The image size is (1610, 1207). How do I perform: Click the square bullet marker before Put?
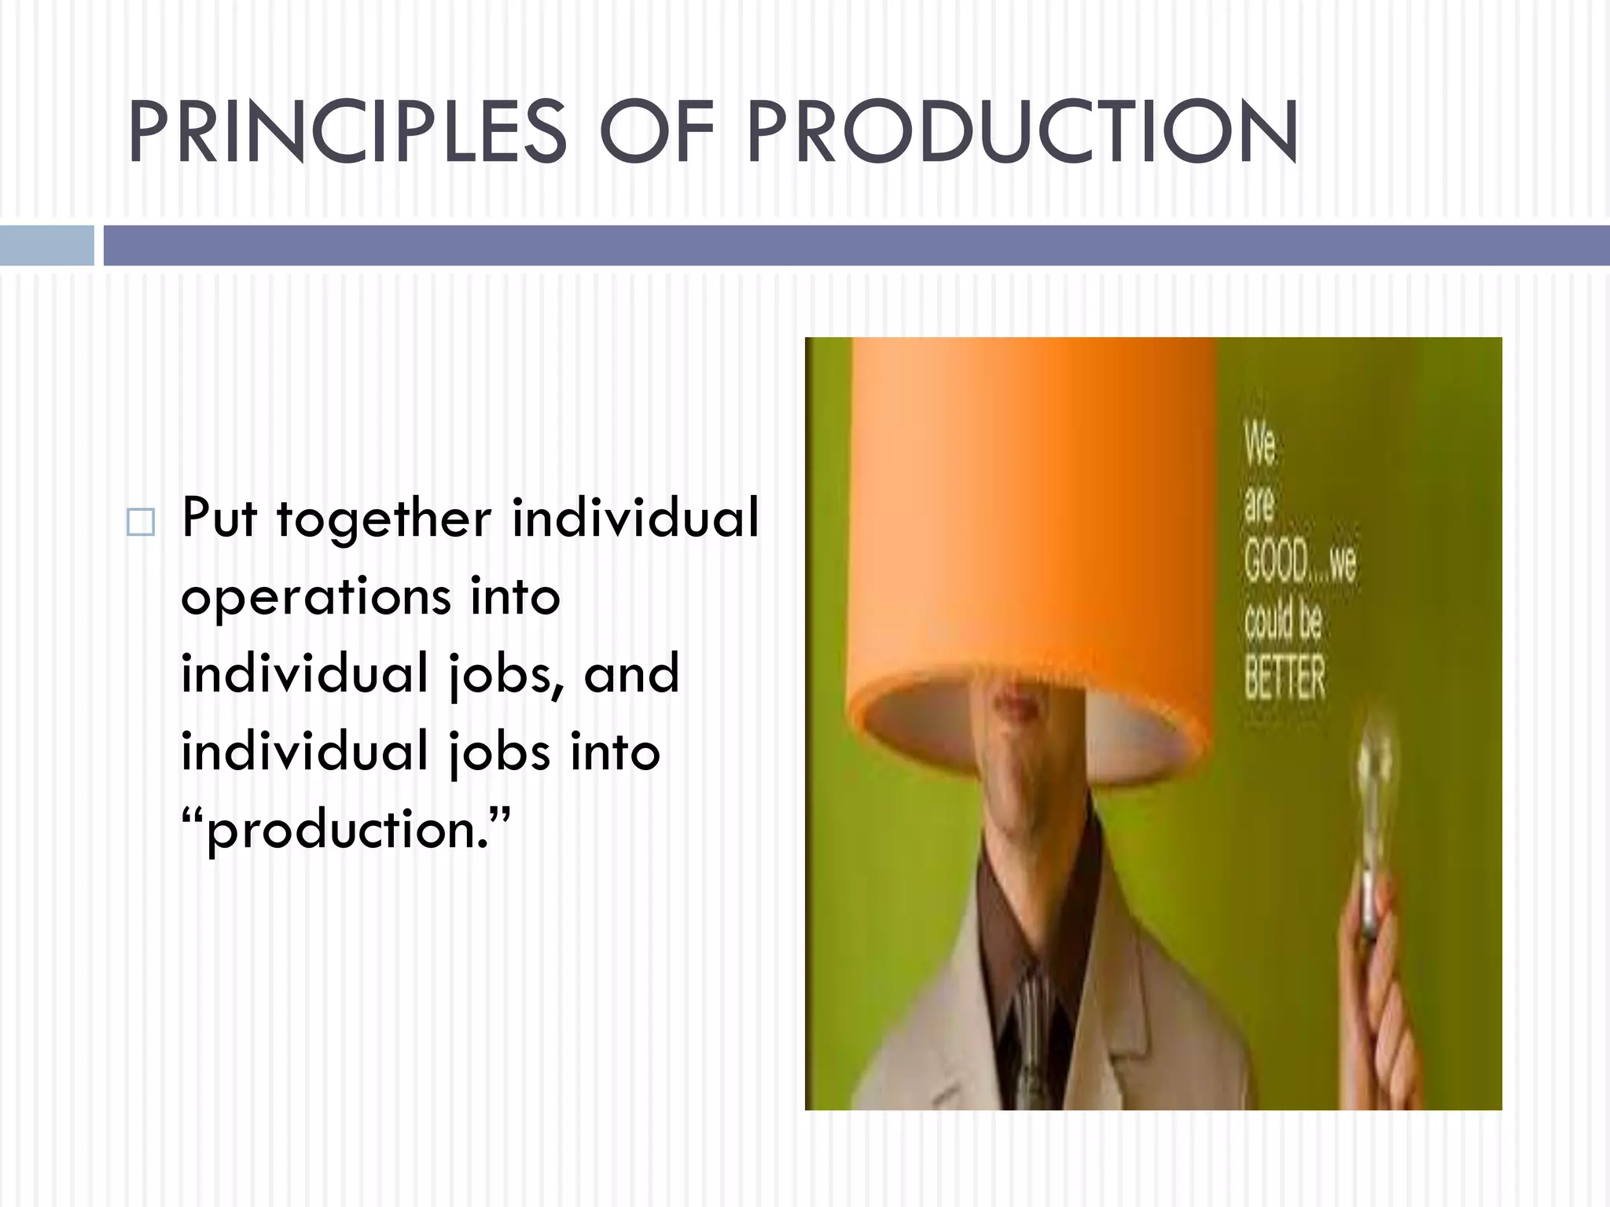[x=141, y=522]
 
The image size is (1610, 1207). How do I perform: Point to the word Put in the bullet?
[x=219, y=519]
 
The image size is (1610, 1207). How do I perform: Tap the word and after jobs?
[x=631, y=674]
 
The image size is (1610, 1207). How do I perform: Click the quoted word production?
[x=346, y=831]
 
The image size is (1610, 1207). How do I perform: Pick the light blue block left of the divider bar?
[x=46, y=245]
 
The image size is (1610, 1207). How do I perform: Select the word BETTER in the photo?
[x=1285, y=677]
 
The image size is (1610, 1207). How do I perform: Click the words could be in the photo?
[x=1283, y=621]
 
